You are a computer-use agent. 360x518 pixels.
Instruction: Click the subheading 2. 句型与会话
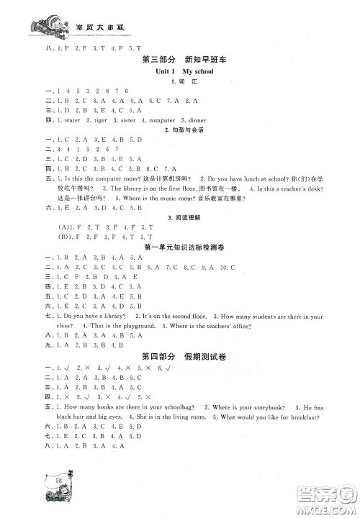(180, 131)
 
